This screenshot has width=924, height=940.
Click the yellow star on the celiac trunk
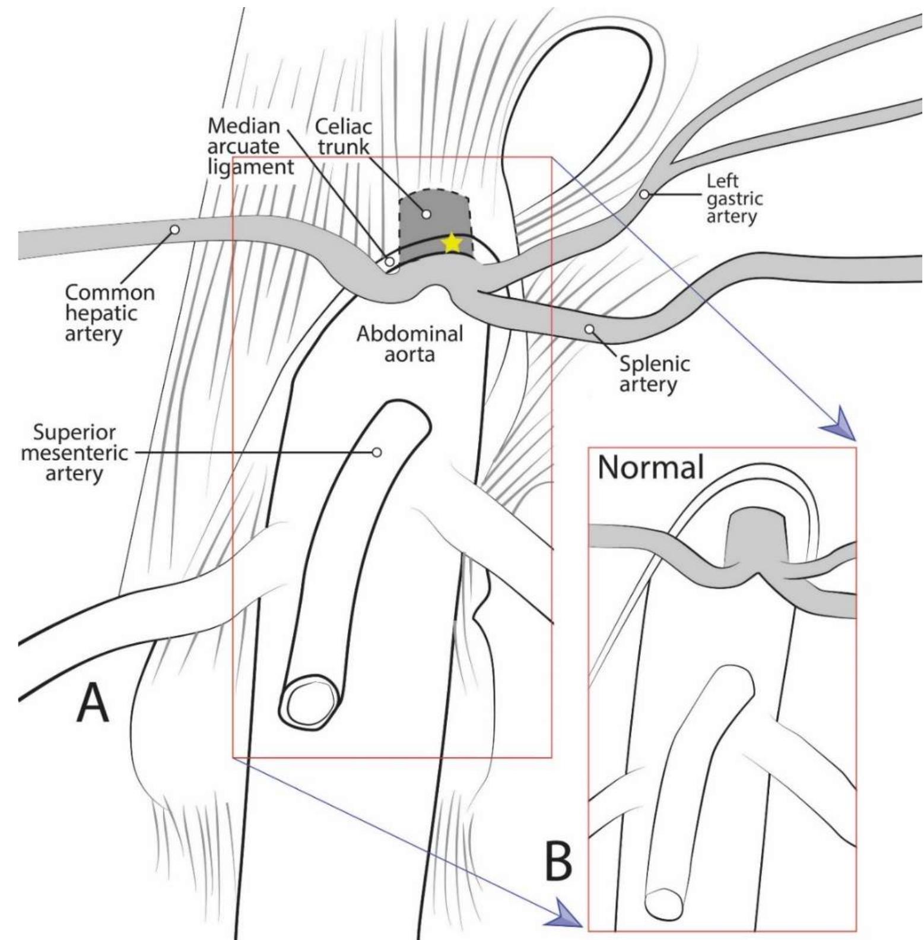[452, 242]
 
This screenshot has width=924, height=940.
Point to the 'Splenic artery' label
[654, 374]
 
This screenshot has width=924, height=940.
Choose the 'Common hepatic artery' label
[109, 312]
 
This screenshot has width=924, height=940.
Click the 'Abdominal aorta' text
[409, 344]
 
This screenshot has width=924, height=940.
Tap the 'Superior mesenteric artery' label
[74, 452]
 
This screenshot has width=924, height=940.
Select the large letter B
[558, 862]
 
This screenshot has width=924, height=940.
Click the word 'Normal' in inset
[650, 467]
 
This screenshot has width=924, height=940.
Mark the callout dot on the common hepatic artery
[174, 229]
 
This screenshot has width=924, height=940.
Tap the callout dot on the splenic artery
[589, 328]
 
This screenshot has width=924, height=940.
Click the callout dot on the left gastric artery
[644, 194]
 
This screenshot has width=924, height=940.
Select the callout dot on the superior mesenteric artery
[376, 452]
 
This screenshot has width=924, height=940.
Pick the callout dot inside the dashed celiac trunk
[426, 214]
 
